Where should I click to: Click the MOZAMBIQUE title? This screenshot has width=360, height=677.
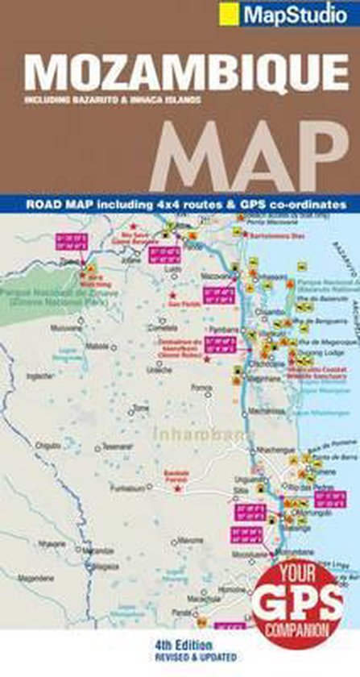(179, 73)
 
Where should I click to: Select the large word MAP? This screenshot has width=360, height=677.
(246, 158)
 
